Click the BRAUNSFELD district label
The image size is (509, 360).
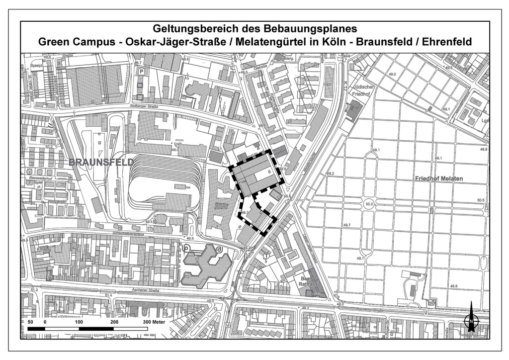[x=101, y=163]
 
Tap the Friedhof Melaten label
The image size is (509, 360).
[x=439, y=179]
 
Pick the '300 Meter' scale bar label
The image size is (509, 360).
[x=154, y=322]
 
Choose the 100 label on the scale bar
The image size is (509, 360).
[x=79, y=322]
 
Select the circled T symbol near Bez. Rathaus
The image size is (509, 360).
[x=266, y=257]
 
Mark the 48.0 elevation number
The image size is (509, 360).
[x=339, y=304]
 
